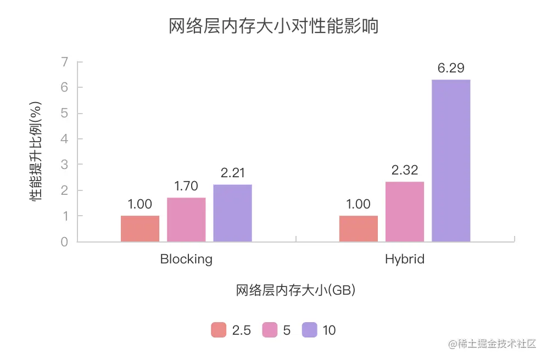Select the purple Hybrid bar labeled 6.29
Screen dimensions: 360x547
[x=451, y=161]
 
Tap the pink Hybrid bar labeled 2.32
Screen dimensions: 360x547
[x=405, y=212]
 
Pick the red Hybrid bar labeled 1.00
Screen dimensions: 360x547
[x=359, y=229]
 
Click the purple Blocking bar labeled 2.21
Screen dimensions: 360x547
[x=232, y=213]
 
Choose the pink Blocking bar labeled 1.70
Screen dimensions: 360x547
[x=186, y=220]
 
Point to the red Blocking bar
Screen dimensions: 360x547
[x=140, y=229]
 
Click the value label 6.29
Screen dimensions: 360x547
[x=451, y=69]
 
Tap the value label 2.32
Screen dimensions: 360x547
[x=405, y=170]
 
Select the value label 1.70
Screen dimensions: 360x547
[x=186, y=186]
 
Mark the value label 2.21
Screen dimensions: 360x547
[x=233, y=173]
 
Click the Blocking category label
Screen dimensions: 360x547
[x=186, y=259]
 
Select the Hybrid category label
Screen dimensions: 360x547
[x=405, y=259]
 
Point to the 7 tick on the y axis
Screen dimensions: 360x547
[x=65, y=61]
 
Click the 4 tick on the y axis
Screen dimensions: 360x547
[x=65, y=139]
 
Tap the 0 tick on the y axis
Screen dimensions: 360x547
[x=65, y=242]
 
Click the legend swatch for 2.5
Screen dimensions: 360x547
[x=219, y=330]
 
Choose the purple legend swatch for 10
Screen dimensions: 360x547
[x=310, y=330]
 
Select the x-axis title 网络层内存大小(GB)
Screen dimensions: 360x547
[x=295, y=290]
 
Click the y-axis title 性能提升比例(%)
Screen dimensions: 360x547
[x=36, y=151]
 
